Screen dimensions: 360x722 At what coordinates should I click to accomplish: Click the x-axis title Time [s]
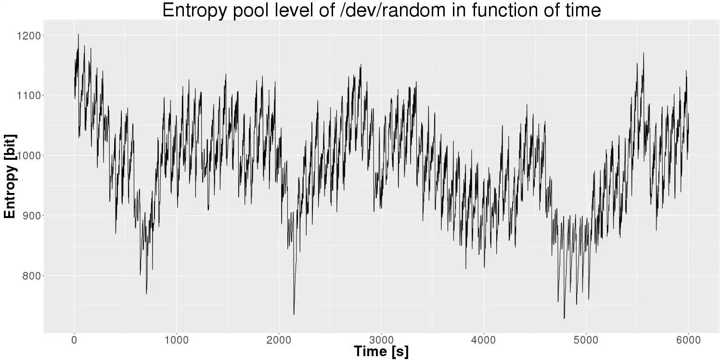(381, 351)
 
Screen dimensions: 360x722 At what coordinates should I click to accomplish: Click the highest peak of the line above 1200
(78, 34)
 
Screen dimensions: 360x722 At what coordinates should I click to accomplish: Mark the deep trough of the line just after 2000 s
(294, 314)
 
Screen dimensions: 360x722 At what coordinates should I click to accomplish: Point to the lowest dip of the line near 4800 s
(564, 318)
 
